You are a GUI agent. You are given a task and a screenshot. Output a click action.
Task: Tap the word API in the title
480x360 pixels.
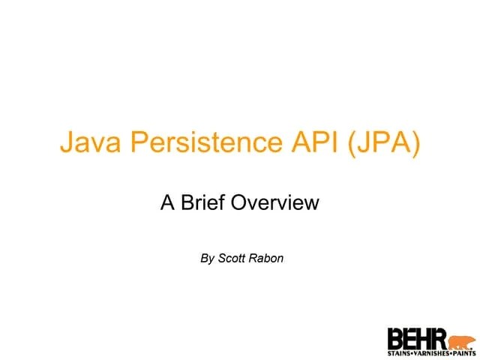point(314,143)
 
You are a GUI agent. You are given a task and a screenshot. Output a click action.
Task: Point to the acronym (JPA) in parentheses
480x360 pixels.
point(383,143)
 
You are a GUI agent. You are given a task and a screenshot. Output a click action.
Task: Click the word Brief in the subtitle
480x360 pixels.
point(205,202)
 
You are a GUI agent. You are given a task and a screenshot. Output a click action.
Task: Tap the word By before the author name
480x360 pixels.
point(207,259)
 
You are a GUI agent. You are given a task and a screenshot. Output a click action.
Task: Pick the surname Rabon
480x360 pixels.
point(266,259)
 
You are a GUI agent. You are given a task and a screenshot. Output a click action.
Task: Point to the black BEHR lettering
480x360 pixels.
point(417,337)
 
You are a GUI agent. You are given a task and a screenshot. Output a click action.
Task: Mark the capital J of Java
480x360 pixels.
point(67,143)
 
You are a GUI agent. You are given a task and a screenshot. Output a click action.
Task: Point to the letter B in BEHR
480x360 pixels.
point(395,337)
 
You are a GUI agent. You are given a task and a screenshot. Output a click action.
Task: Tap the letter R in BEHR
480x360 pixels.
point(438,337)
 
